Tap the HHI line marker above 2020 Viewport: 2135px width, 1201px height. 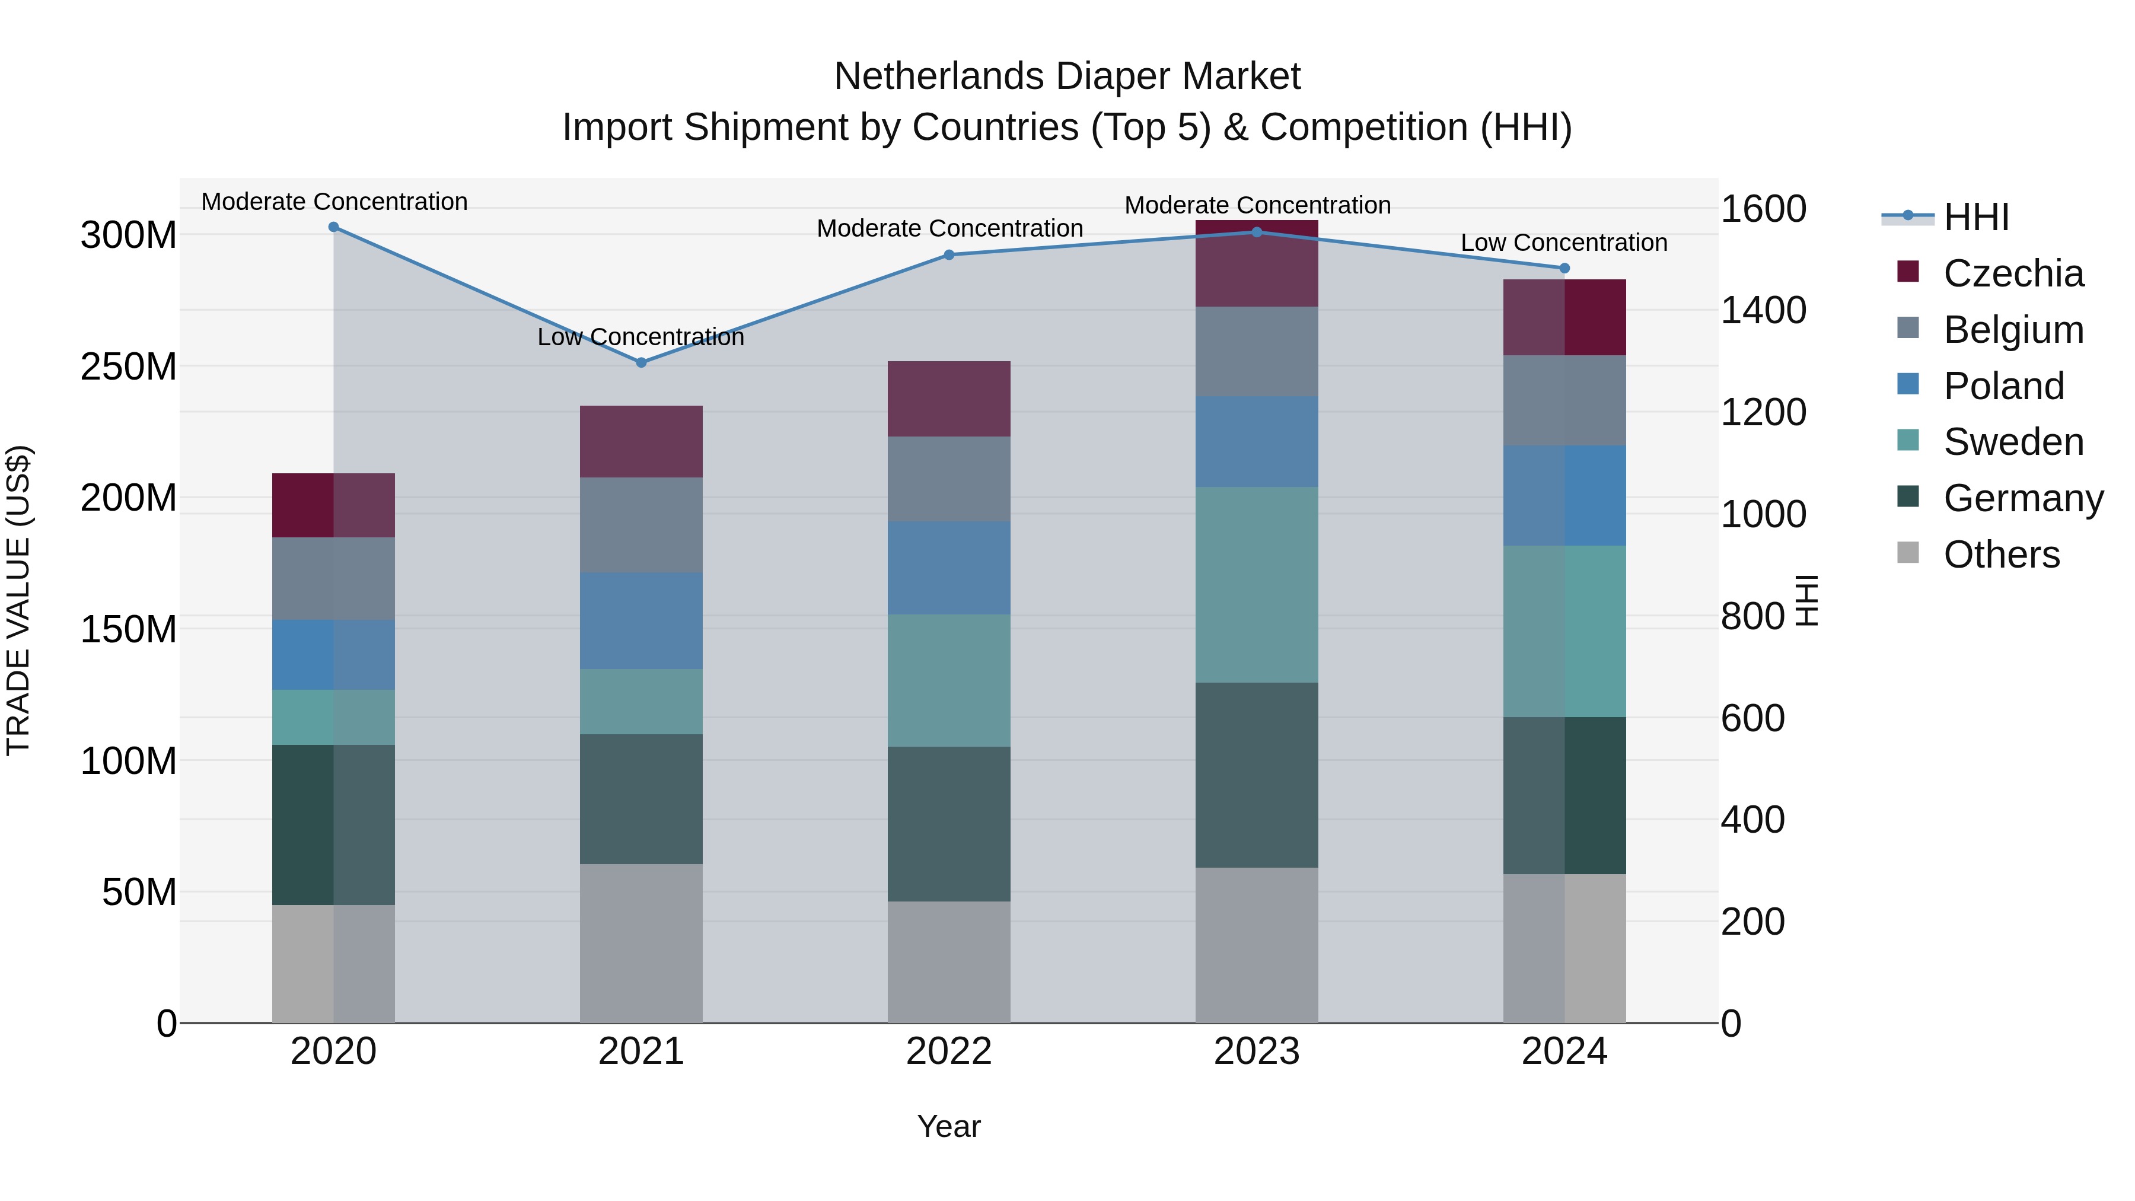[x=333, y=227]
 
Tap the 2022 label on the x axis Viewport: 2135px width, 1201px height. [x=948, y=1052]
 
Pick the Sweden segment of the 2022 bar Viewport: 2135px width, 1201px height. [x=948, y=680]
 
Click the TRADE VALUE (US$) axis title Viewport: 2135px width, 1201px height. [x=18, y=600]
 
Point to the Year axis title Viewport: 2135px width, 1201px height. [x=948, y=1126]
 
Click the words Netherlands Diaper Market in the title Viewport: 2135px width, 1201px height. [x=1067, y=77]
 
